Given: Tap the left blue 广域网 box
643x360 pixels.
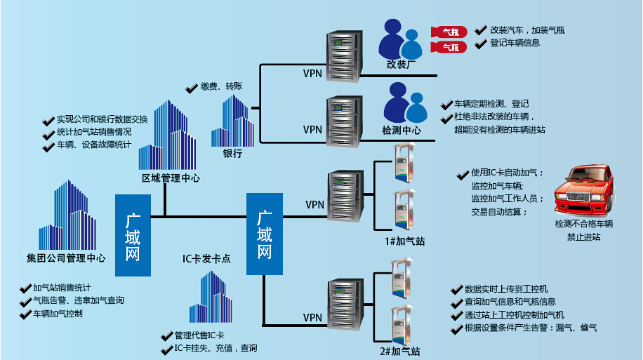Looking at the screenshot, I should click(x=133, y=235).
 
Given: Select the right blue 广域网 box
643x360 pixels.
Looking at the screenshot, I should click(x=265, y=235).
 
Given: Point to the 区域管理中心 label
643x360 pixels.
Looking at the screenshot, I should click(x=171, y=178).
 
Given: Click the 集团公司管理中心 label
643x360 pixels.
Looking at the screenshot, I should click(x=61, y=258).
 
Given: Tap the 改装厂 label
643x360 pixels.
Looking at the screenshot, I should click(x=401, y=65).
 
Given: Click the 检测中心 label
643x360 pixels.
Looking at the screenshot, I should click(x=402, y=130).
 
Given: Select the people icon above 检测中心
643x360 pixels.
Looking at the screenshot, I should click(x=404, y=103).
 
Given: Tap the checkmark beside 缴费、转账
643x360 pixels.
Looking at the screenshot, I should click(x=191, y=88).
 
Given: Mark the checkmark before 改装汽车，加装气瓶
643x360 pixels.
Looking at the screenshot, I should click(x=480, y=30).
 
